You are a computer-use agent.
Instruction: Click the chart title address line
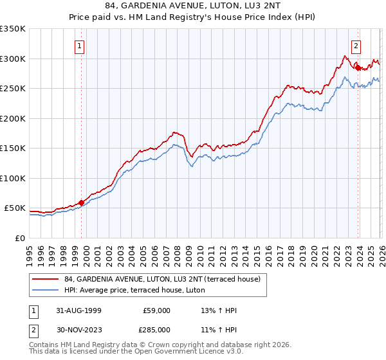(193, 6)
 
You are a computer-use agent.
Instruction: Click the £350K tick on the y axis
(13, 29)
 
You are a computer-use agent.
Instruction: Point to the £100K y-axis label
(13, 178)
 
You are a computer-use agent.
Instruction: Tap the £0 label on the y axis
(20, 238)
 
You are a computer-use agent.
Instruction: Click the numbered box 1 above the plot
(79, 46)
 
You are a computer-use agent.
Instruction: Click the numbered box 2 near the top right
(355, 46)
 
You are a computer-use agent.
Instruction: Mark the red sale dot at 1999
(82, 203)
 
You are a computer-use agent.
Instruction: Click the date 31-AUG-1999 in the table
(78, 310)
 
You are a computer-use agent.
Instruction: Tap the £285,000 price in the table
(156, 330)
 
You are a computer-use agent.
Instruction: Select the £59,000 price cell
(156, 310)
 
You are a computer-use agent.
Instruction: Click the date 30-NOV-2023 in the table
(78, 330)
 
